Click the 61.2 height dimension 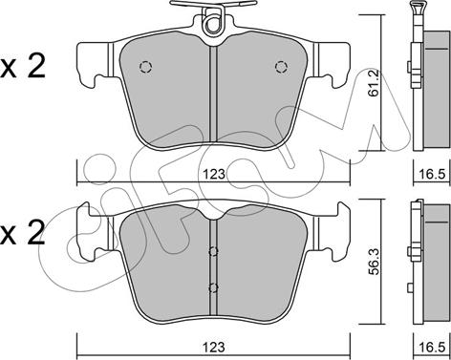click(375, 83)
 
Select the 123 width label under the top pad click(214, 174)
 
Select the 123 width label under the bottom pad click(214, 347)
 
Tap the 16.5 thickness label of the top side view click(432, 175)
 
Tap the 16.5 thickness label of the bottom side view click(432, 347)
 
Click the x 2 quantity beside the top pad click(23, 67)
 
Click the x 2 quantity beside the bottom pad click(22, 234)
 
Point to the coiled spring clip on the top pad click(213, 22)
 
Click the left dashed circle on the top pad click(146, 67)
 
